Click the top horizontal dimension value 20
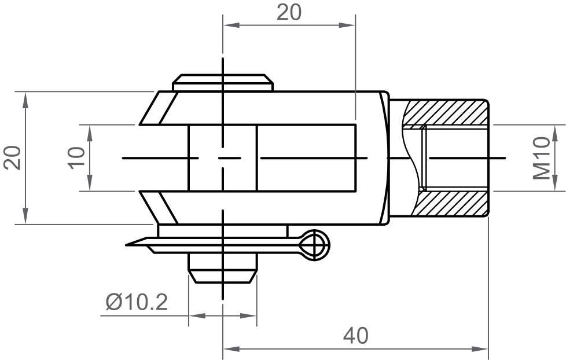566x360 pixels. [289, 12]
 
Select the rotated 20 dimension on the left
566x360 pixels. [13, 157]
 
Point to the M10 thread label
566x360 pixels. [542, 158]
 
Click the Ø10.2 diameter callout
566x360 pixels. [137, 302]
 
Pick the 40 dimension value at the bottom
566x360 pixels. [355, 336]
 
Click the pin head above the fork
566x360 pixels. [223, 82]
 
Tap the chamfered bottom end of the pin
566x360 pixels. [223, 275]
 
